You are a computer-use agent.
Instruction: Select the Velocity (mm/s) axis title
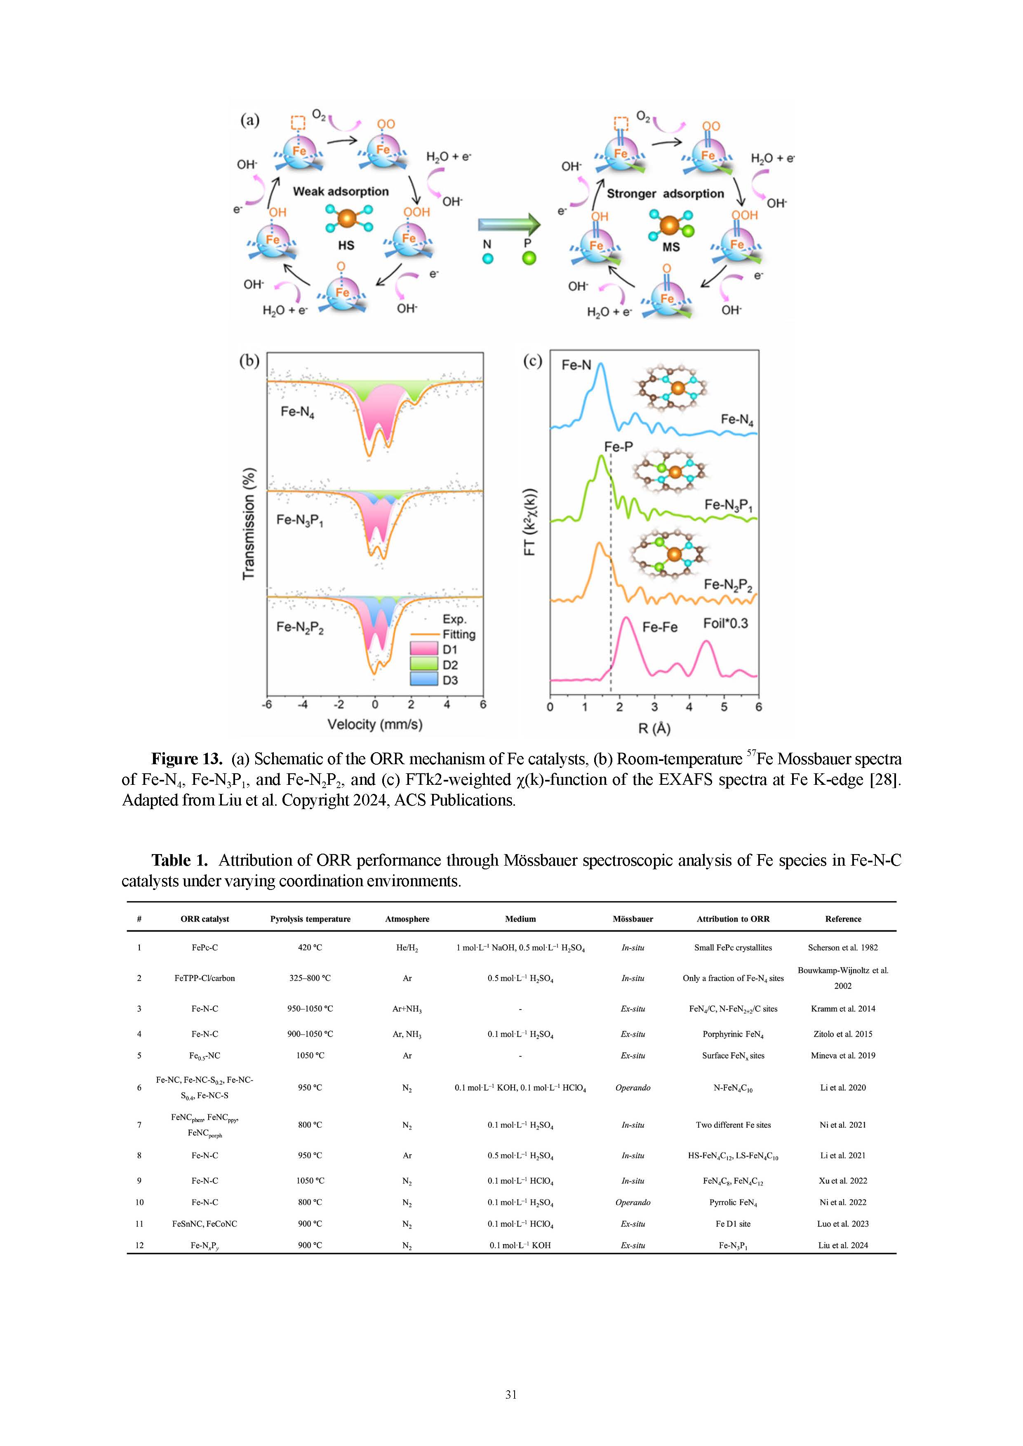pyautogui.click(x=375, y=724)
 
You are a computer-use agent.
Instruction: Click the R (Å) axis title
pyautogui.click(x=654, y=729)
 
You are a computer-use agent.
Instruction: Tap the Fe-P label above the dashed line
pyautogui.click(x=618, y=446)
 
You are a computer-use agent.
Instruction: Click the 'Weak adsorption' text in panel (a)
pyautogui.click(x=341, y=191)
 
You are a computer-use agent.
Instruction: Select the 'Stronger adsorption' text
pyautogui.click(x=665, y=193)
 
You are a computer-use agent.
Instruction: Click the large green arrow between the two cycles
pyautogui.click(x=509, y=223)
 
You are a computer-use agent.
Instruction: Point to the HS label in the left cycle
pyautogui.click(x=346, y=245)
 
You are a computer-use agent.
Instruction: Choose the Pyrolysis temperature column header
pyautogui.click(x=310, y=919)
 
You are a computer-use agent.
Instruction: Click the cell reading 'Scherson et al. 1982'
pyautogui.click(x=842, y=947)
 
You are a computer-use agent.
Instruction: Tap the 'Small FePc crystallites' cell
pyautogui.click(x=733, y=947)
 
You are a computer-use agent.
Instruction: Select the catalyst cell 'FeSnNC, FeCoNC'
pyautogui.click(x=205, y=1224)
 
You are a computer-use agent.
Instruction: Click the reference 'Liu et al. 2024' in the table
pyautogui.click(x=842, y=1245)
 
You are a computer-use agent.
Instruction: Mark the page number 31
pyautogui.click(x=511, y=1394)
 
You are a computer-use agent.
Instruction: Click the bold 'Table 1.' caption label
pyautogui.click(x=179, y=860)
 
